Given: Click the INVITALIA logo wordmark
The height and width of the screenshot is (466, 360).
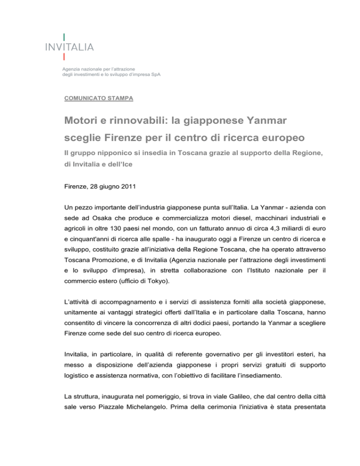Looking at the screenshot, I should point(70,46).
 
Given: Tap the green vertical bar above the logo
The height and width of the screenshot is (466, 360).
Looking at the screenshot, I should point(64,37).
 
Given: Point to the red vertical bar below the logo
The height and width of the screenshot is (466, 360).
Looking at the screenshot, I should point(64,57).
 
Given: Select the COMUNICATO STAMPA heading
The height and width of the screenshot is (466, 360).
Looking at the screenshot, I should point(98,98).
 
